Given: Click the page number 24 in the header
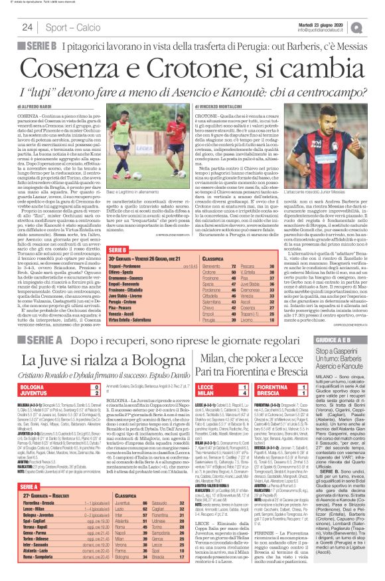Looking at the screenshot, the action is (28, 27).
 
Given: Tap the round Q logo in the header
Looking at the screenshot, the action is (375, 27).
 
